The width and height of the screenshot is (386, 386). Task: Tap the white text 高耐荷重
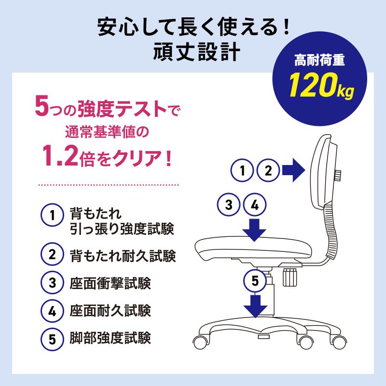click(x=321, y=61)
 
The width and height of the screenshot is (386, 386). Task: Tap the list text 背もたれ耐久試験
click(x=122, y=254)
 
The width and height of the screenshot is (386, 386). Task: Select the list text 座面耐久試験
click(x=110, y=310)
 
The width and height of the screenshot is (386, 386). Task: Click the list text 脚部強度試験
click(x=110, y=337)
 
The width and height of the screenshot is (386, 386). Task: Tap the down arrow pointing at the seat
click(x=255, y=229)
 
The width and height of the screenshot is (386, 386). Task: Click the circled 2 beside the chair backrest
click(x=269, y=170)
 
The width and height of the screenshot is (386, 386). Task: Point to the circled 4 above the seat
click(x=256, y=205)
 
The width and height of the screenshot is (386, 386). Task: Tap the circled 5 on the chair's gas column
click(x=255, y=280)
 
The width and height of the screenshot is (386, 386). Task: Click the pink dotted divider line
click(x=108, y=184)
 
